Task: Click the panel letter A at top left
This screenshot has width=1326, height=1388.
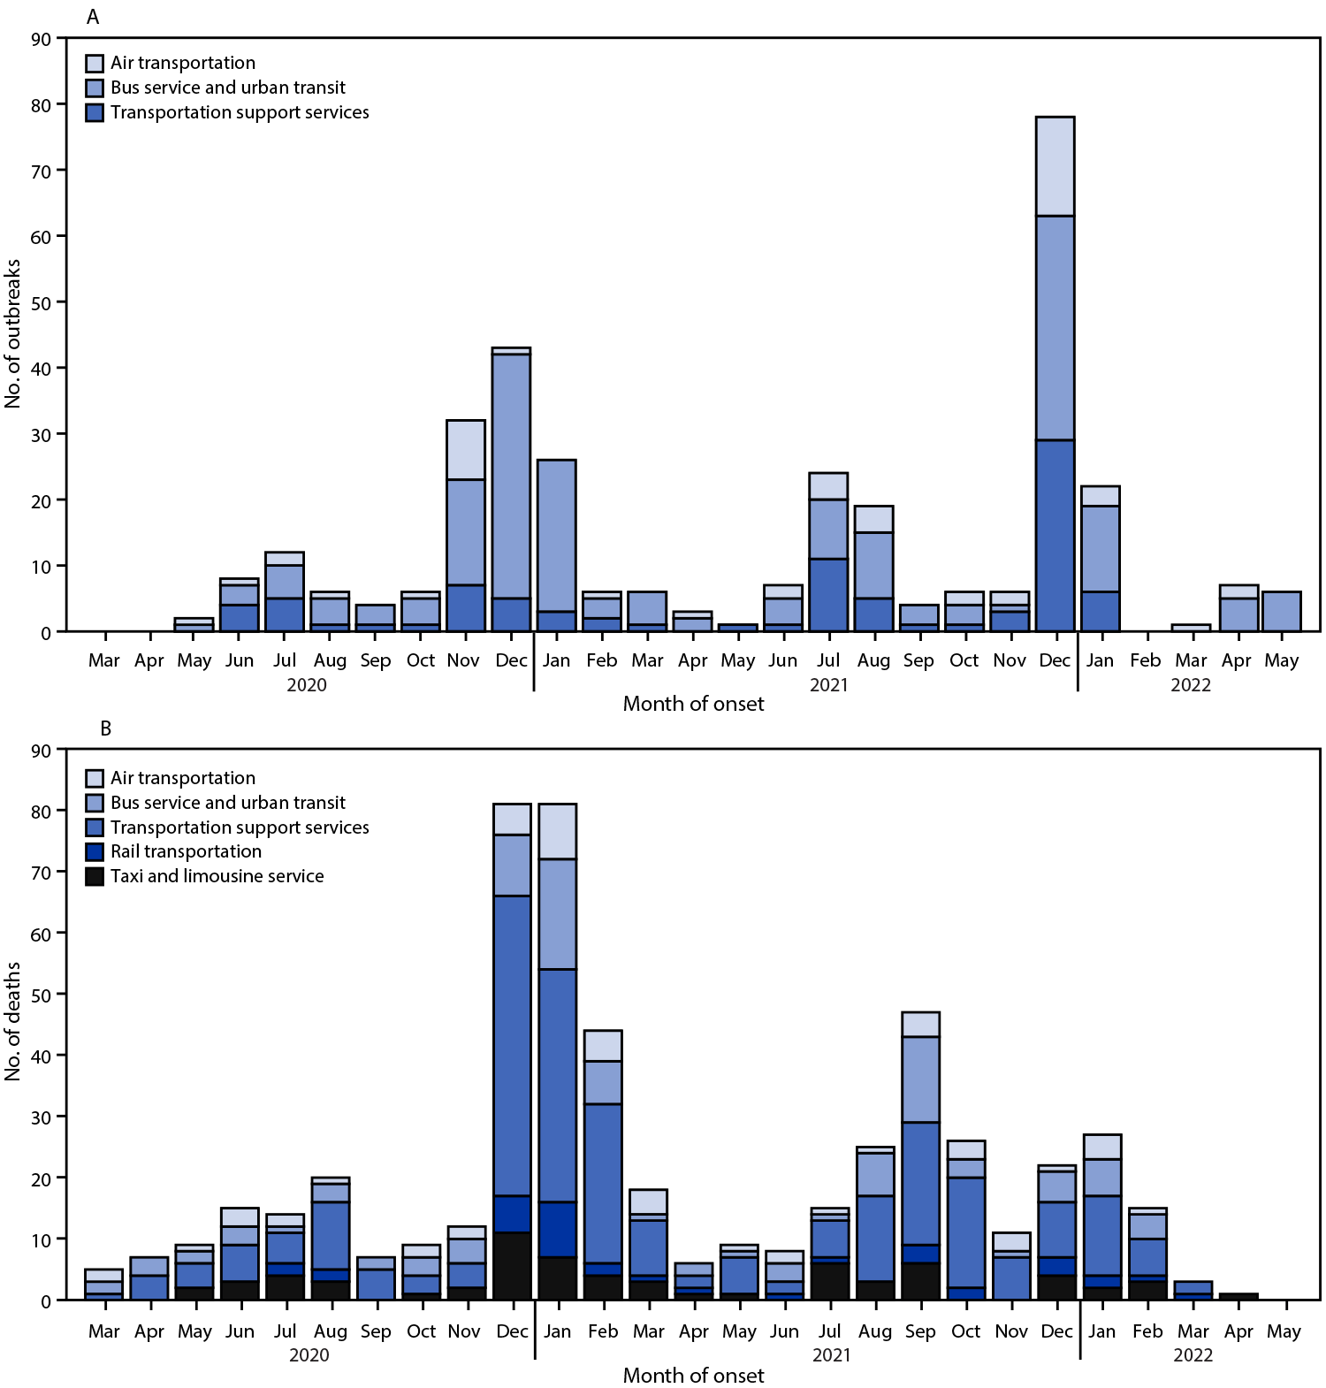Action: click(92, 17)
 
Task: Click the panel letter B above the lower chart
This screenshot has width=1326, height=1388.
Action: click(105, 728)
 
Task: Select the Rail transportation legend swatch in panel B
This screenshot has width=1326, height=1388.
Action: click(95, 851)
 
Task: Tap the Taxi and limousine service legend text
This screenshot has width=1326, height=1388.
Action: click(217, 876)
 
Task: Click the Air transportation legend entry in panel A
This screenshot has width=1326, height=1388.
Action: click(182, 63)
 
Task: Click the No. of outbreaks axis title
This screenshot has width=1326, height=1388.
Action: click(12, 333)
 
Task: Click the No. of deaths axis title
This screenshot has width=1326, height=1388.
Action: click(12, 1021)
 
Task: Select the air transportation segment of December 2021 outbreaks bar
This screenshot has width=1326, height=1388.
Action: click(1055, 166)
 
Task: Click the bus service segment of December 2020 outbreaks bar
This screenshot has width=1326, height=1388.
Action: click(511, 476)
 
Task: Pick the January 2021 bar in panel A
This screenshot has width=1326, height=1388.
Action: click(556, 545)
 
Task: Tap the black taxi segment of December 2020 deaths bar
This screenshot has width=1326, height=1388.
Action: click(512, 1266)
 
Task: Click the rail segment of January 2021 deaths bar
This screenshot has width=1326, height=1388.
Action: click(557, 1229)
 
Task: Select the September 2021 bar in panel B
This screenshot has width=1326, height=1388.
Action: click(920, 1155)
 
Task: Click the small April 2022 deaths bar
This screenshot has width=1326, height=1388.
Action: click(1238, 1296)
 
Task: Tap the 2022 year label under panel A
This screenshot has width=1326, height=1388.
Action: click(1190, 685)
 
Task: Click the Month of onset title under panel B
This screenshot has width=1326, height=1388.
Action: click(693, 1375)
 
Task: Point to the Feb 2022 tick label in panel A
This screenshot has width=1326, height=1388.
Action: click(1145, 660)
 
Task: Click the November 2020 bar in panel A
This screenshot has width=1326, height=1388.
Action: click(465, 526)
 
